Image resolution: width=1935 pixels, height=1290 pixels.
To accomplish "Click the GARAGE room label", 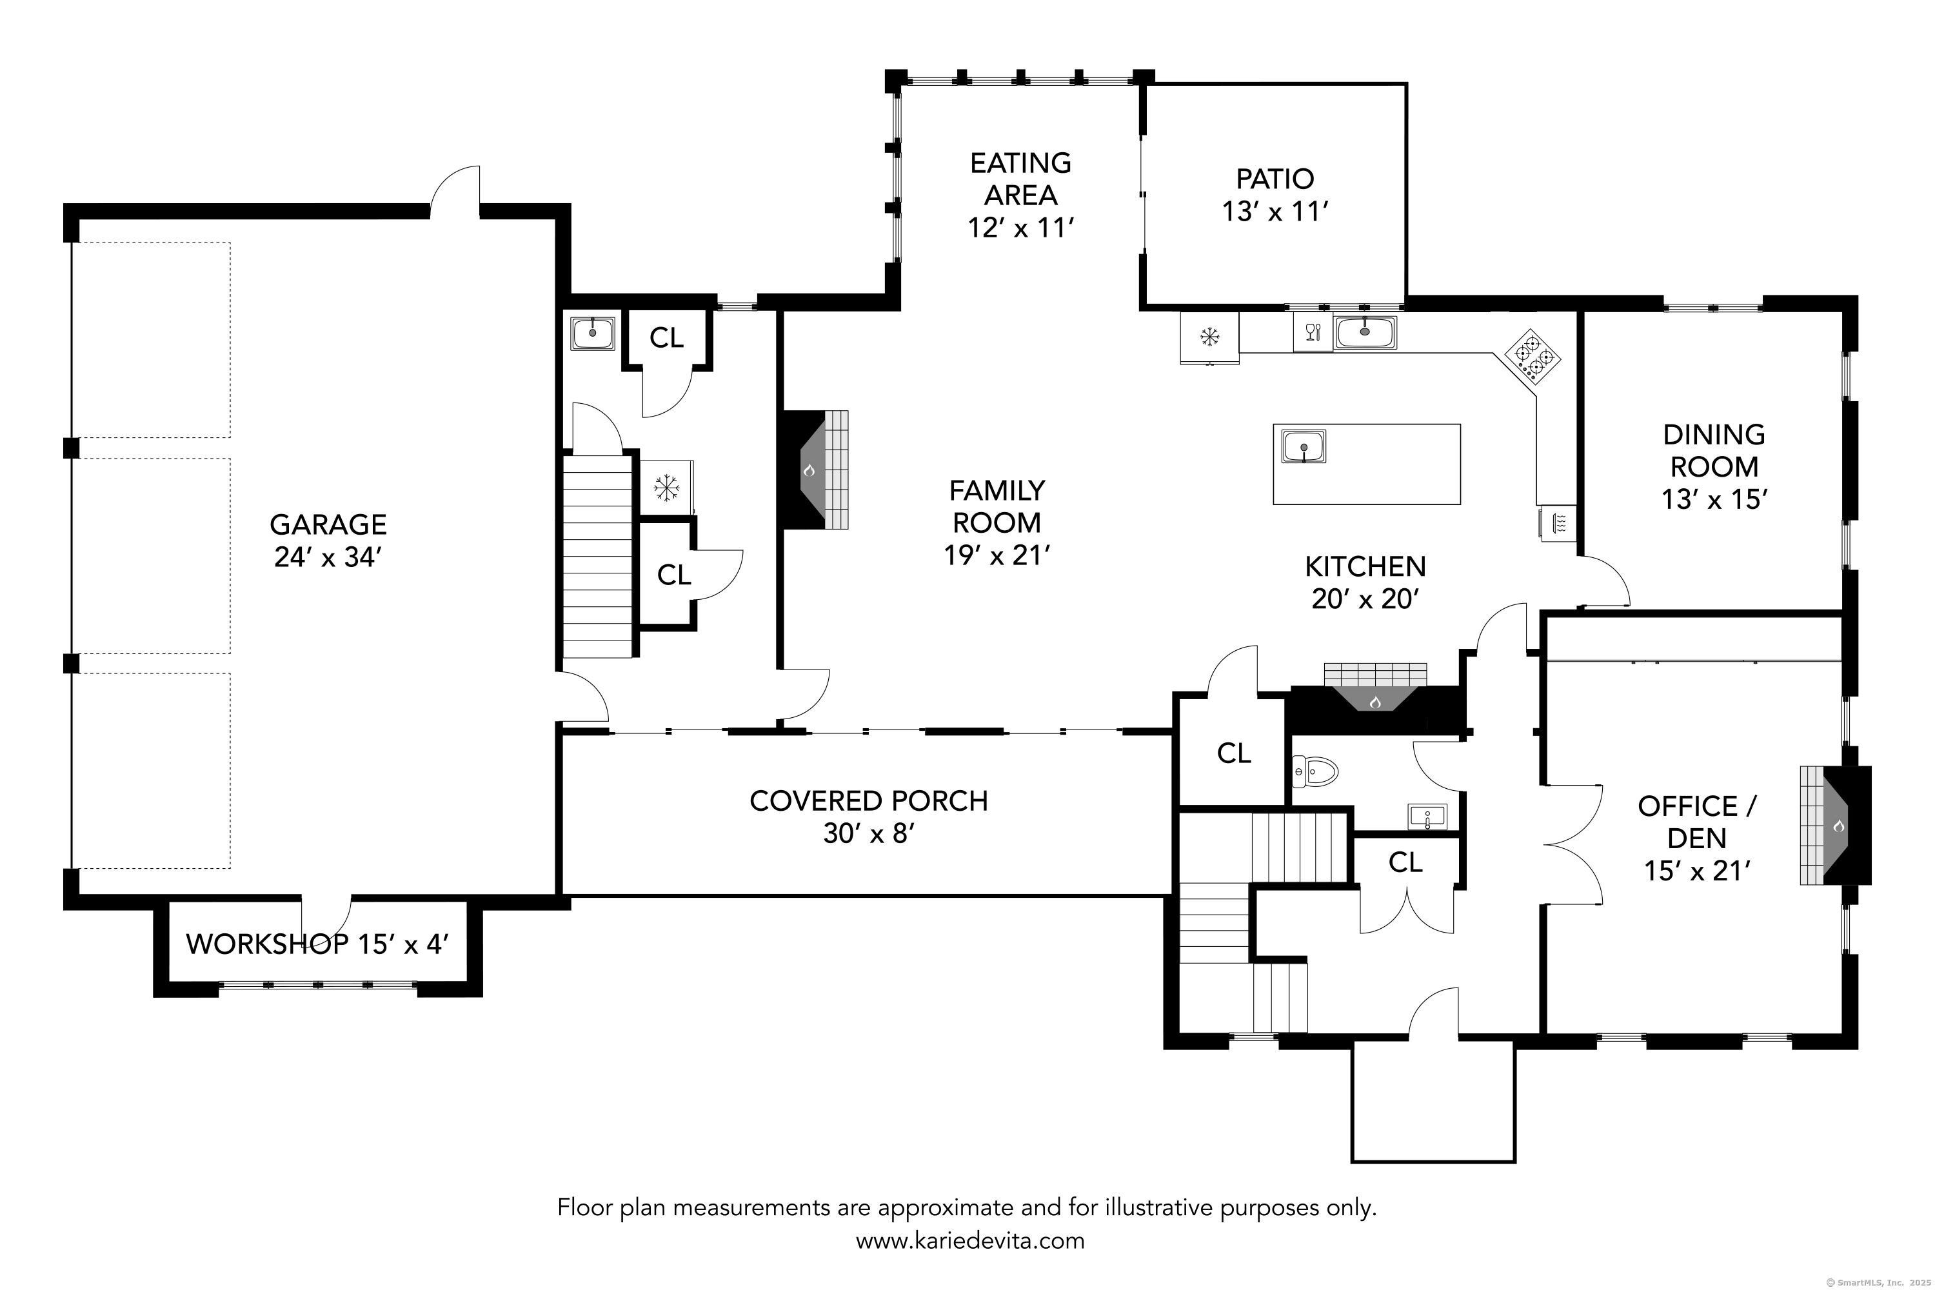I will pos(328,524).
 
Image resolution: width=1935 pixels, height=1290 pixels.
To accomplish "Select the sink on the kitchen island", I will pos(1304,447).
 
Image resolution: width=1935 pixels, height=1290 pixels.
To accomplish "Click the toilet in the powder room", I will pos(1316,771).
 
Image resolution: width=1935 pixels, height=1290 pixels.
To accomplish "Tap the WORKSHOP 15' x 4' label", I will pos(317,944).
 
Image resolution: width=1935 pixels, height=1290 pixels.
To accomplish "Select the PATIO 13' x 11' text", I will pos(1275,195).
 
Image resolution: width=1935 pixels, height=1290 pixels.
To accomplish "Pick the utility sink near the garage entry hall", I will pos(592,334).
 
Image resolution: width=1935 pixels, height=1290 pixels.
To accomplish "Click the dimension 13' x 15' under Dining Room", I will pos(1714,499).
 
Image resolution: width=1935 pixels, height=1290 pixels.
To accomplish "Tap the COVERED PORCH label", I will pos(868,800).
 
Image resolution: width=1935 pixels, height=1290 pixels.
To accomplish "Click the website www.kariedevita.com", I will pos(970,1240).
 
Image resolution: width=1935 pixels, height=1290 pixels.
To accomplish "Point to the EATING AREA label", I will pos(1020,179).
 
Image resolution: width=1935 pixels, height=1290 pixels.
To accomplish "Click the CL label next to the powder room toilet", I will pos(1233,753).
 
